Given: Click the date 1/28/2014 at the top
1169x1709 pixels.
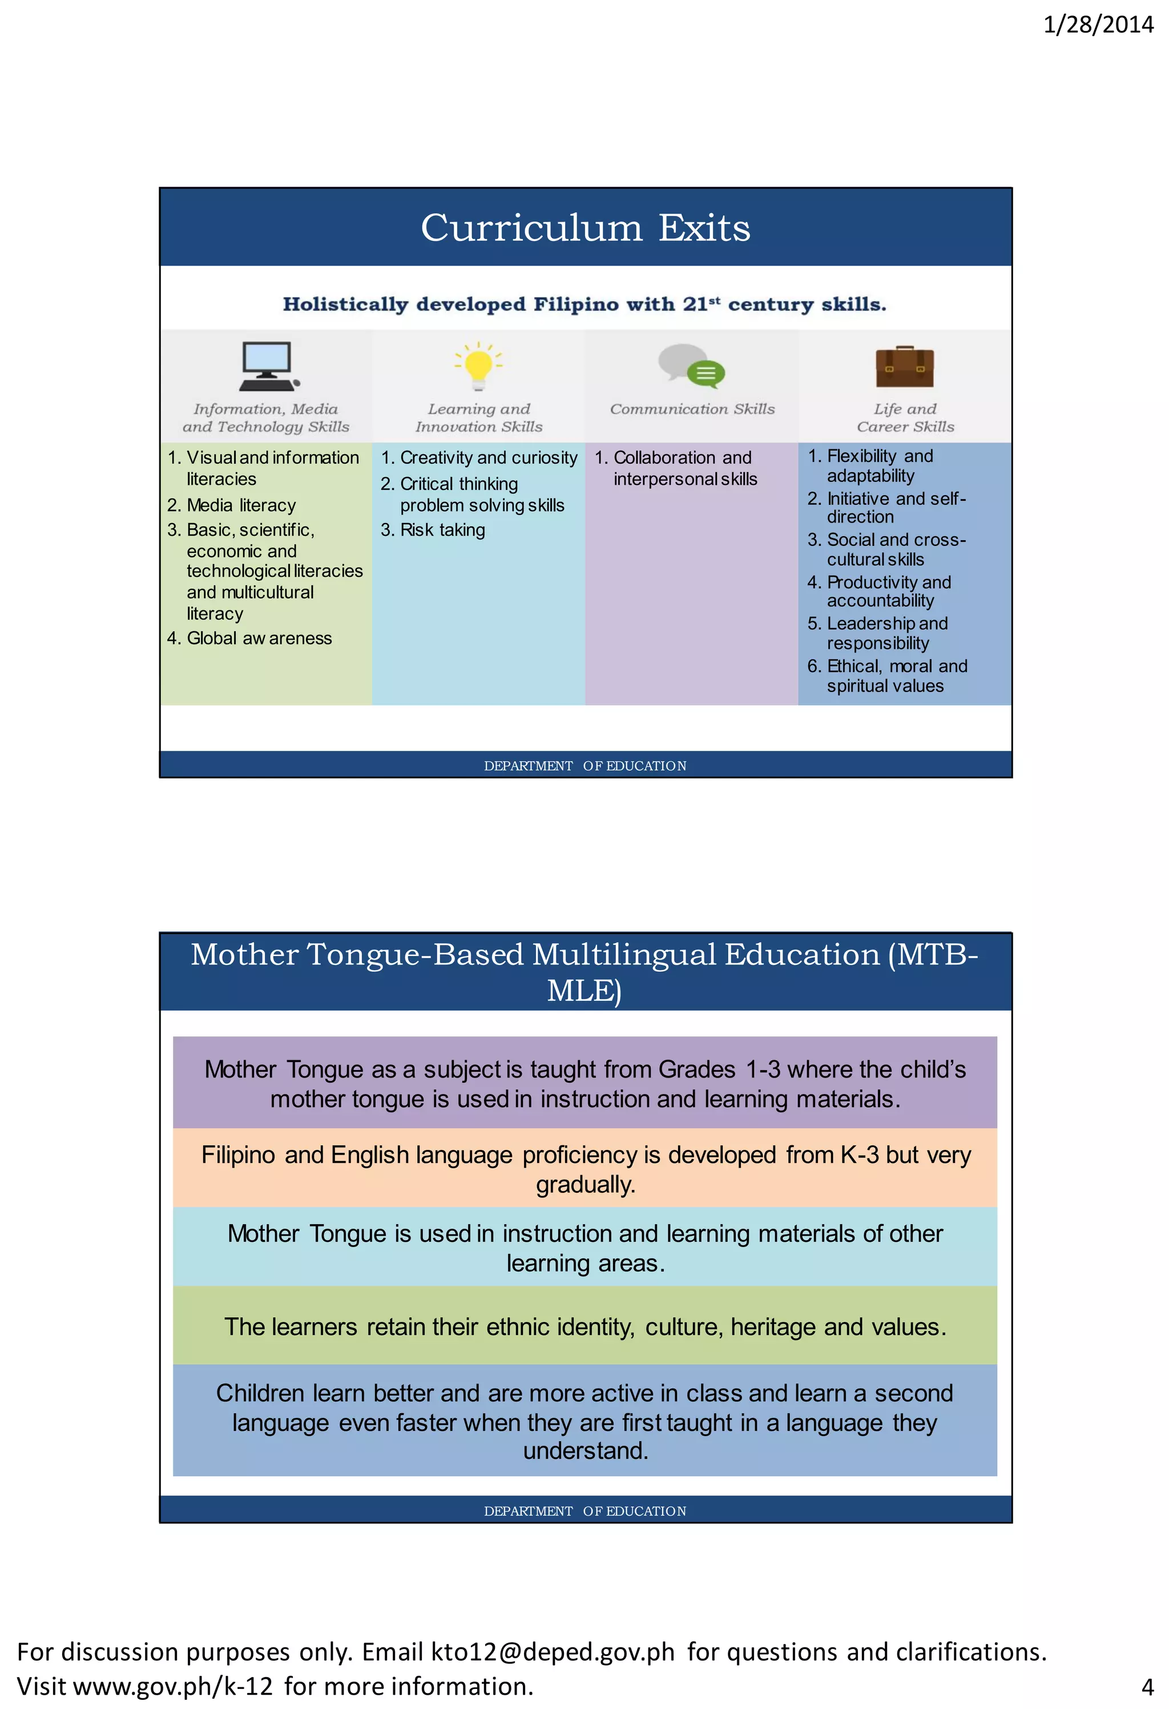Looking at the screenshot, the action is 1098,25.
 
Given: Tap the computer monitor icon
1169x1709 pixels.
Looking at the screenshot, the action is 268,366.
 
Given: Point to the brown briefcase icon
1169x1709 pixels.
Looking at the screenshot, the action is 904,367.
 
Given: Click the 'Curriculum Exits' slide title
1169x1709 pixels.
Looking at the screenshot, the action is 585,228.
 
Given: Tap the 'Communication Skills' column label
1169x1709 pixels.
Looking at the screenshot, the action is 692,409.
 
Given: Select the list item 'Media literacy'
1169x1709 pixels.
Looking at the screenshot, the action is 240,505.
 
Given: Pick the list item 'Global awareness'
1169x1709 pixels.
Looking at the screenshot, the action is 259,638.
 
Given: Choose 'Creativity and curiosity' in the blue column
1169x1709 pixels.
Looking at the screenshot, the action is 488,458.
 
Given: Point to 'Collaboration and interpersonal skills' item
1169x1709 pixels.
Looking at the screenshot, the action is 684,468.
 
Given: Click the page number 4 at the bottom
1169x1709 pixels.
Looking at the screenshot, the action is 1147,1686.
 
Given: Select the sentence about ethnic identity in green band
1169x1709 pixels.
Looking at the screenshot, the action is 585,1326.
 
